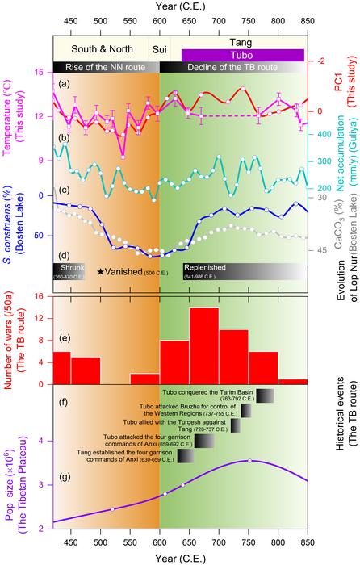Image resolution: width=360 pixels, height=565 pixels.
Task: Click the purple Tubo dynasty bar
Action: (x=242, y=55)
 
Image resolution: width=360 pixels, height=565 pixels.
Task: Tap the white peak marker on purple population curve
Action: (x=249, y=483)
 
